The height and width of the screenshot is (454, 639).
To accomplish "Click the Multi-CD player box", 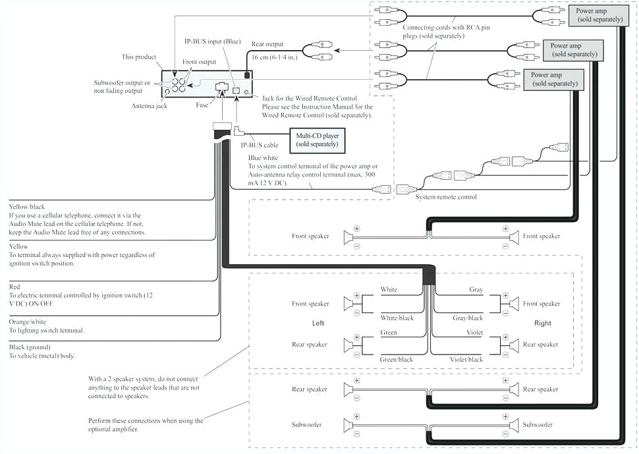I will coord(317,139).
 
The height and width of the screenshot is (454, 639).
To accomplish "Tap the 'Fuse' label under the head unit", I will coord(202,105).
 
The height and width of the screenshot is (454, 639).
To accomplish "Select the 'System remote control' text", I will coord(445,197).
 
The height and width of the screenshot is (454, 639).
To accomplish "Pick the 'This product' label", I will coord(138,57).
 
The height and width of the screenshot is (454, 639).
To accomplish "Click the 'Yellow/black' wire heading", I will coord(30,206).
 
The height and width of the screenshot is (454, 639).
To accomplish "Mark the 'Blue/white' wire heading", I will coord(264,158).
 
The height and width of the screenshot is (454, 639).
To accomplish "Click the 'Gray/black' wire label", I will coord(466,318).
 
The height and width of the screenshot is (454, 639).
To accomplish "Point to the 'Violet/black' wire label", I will coord(466,360).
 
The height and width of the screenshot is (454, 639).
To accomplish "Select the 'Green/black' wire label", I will coord(397,360).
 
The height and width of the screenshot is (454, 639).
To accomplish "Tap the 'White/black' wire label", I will coord(397,318).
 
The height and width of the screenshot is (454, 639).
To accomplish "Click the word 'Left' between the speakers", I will coord(318,324).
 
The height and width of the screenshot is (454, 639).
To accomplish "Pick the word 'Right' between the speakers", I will coord(542,324).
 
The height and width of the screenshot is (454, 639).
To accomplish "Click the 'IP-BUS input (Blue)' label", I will coord(212,41).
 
